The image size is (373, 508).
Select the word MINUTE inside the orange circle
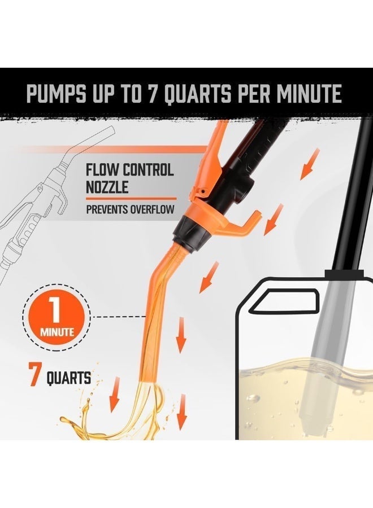57,332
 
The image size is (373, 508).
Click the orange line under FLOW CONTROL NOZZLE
130,198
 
